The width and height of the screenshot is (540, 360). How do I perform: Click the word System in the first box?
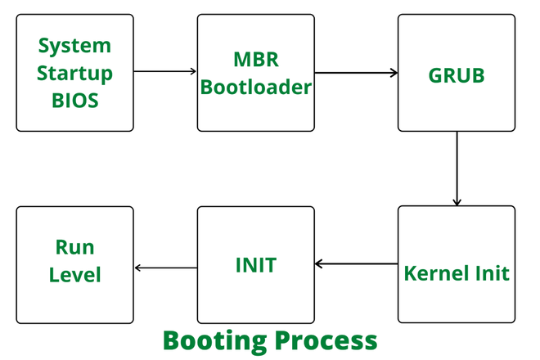pos(75,44)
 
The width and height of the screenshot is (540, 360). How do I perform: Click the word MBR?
pos(255,59)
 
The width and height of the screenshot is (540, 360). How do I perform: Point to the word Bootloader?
pos(255,86)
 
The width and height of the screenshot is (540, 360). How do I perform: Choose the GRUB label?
pos(457,74)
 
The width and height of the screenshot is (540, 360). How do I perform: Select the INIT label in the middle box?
pos(255,265)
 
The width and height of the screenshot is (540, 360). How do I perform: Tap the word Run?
pos(75,246)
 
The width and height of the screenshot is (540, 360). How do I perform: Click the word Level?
pos(75,274)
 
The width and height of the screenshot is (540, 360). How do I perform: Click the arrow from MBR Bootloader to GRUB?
pos(356,73)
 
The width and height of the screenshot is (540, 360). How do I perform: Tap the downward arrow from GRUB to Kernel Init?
pos(457,168)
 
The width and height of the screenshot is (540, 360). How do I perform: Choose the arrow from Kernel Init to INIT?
pos(356,264)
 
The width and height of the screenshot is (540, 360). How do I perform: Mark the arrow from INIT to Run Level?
pos(165,268)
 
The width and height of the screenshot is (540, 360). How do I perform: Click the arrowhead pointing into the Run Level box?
pos(138,268)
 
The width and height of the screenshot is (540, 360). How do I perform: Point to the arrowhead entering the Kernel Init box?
pos(457,201)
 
